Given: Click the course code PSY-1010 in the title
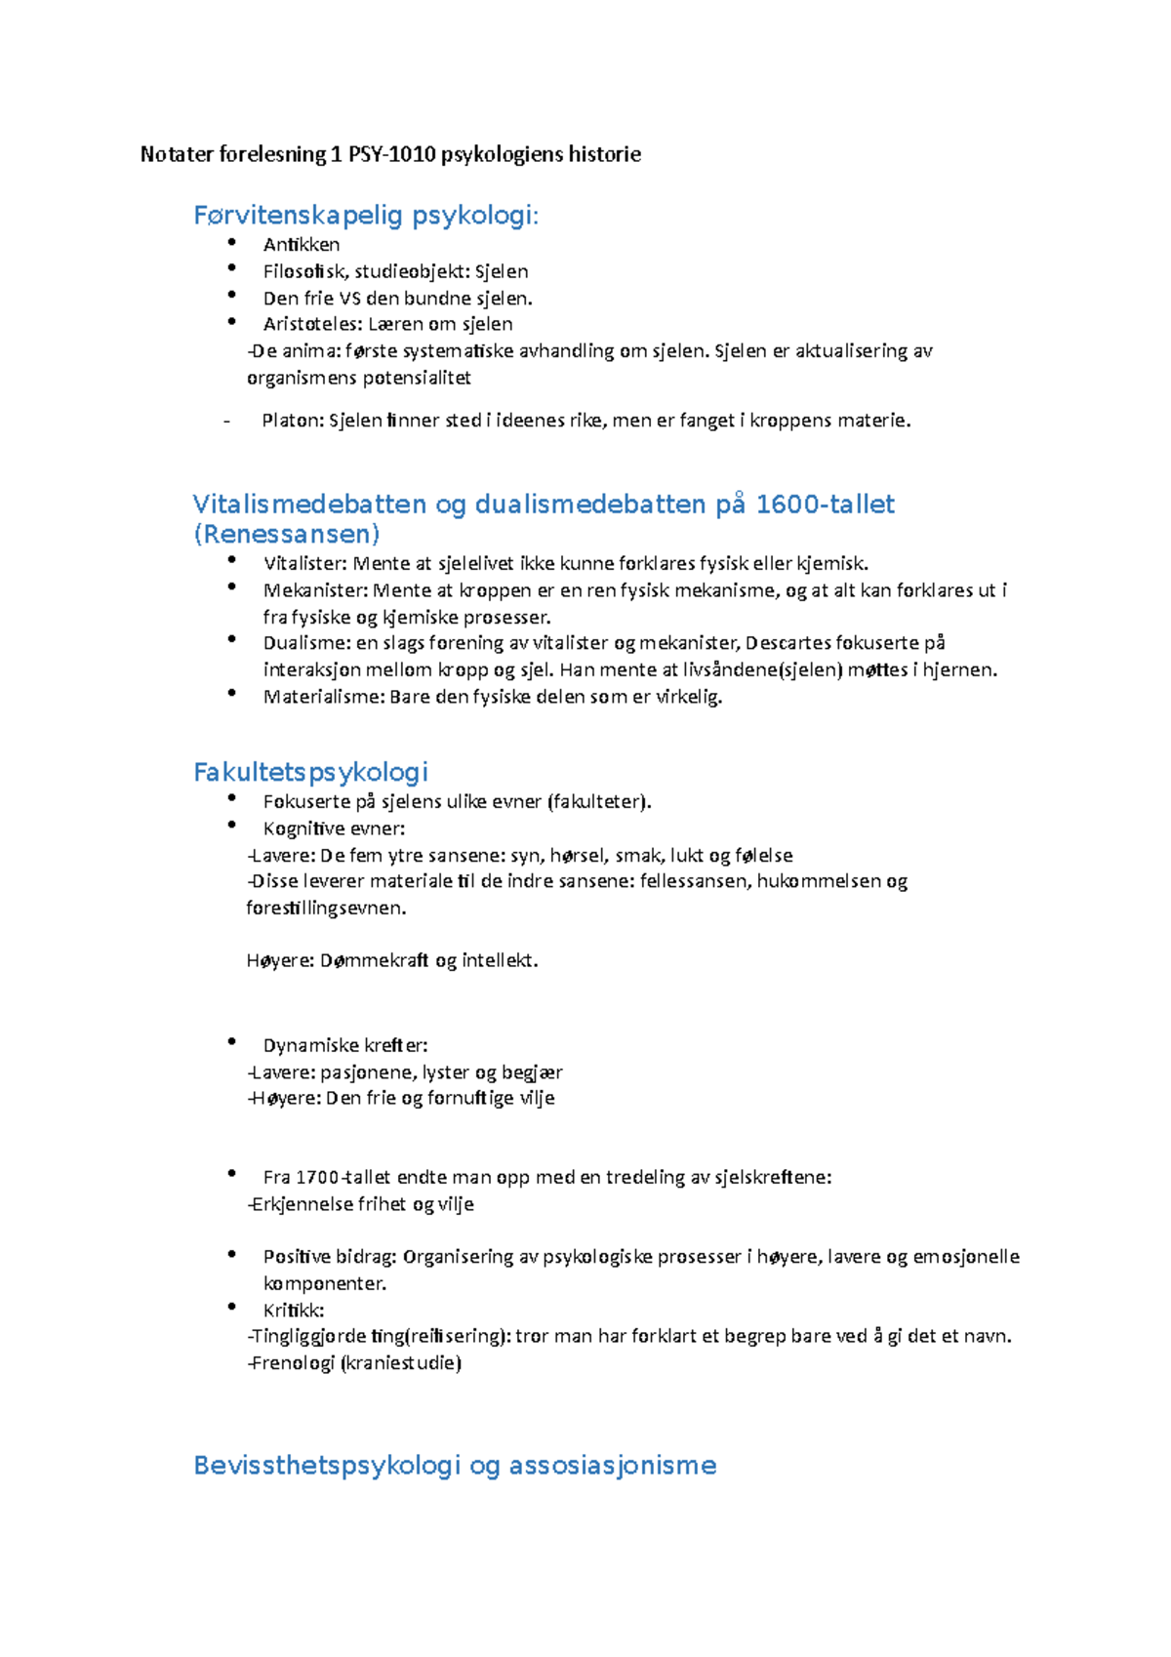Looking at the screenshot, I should coord(391,154).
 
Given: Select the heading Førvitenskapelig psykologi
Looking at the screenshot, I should coord(366,216).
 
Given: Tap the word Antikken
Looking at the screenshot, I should coord(301,245).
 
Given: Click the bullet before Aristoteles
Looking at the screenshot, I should coord(231,321).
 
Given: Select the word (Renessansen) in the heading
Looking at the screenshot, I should coord(287,535).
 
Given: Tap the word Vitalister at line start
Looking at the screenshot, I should coord(304,563).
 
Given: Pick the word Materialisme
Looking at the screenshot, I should coord(323,697).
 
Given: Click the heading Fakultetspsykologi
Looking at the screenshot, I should coord(310,773).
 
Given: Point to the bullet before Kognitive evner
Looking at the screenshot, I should coord(231,826).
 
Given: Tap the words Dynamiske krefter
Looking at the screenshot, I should coord(345,1045).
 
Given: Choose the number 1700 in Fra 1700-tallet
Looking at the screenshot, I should coord(316,1178).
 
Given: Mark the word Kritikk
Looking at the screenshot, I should coord(294,1311).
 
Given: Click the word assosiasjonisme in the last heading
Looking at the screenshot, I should coord(612,1466).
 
